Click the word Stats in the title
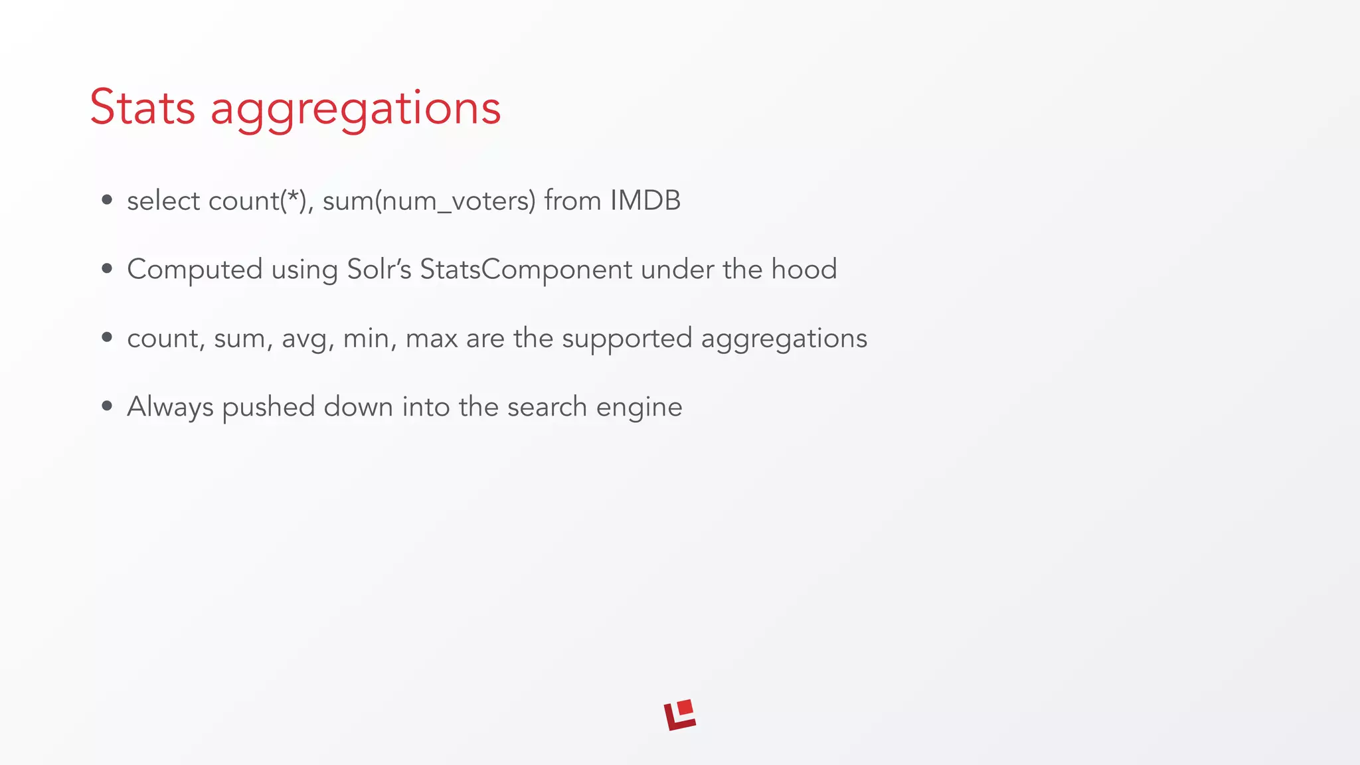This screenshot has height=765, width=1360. coord(142,108)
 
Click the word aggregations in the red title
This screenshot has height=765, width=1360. coord(355,110)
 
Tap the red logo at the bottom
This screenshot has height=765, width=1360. coord(680,715)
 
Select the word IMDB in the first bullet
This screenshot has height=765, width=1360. coord(645,201)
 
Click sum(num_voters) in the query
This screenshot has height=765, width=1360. coord(429,201)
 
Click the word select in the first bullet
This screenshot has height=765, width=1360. coord(163,201)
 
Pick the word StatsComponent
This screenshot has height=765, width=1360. coord(526,270)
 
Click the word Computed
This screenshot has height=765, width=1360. coord(195,270)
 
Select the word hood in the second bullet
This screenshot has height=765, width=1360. coord(804,269)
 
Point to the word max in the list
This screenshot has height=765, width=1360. coord(432,339)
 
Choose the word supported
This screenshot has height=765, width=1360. coord(627,339)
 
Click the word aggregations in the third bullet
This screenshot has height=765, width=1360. coord(784,339)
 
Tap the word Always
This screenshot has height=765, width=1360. coord(170,408)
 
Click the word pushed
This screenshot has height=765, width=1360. coord(268,408)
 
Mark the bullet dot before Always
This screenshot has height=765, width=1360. coord(107,406)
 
